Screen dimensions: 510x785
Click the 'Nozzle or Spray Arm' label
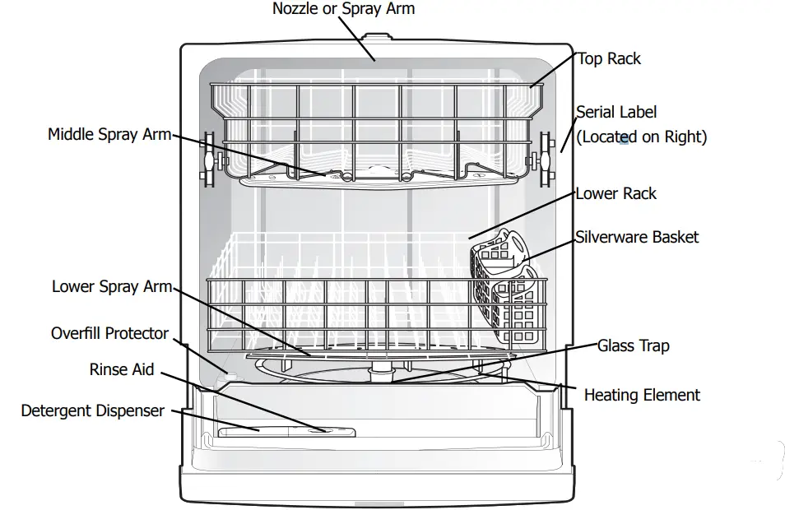pos(343,9)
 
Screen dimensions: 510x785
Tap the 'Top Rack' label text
pos(609,58)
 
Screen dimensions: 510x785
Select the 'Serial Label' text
pos(616,112)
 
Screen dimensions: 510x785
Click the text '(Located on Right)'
pos(641,137)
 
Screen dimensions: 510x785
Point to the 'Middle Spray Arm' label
pos(109,134)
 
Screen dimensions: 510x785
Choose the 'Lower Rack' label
pos(615,193)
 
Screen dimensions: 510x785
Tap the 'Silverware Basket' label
pos(637,237)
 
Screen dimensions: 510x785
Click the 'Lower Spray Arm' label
pos(112,286)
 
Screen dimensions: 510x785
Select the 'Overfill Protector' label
pos(109,333)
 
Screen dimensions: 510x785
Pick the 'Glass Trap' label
pos(633,345)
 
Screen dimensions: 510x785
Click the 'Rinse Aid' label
pos(122,369)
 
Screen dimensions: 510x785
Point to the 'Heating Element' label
pos(642,395)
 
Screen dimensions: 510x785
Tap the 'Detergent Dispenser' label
pos(92,410)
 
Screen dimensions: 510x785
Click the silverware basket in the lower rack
pos(504,288)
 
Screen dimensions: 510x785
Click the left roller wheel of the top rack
pos(207,159)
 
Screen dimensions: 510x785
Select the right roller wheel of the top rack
pos(543,159)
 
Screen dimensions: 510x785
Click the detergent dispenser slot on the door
pos(286,430)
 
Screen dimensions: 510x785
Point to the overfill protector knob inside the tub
pos(229,375)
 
